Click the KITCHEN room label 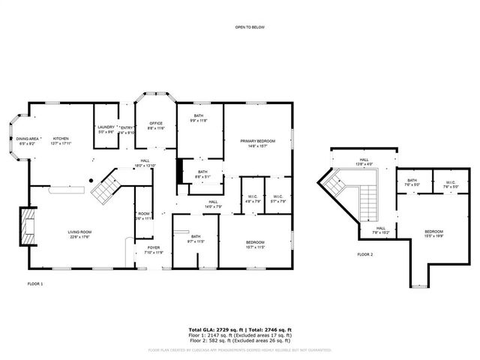61,138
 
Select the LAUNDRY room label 106,127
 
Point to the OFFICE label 156,123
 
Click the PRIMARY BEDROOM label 257,141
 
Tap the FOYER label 153,247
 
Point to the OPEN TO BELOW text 249,28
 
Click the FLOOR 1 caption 35,283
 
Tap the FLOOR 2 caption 365,255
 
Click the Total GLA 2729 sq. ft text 214,329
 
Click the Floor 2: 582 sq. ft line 239,341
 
